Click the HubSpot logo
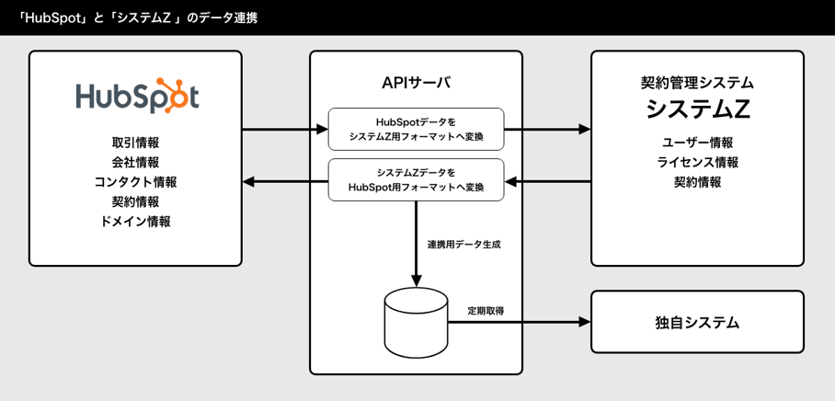[x=136, y=96]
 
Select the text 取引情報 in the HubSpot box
[x=136, y=143]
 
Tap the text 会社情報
[x=136, y=163]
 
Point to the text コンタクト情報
[x=136, y=182]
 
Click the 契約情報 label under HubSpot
[x=136, y=201]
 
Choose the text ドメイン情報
[x=136, y=222]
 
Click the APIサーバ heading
[x=416, y=83]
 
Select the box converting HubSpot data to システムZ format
[x=416, y=129]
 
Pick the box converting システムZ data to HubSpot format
[x=416, y=179]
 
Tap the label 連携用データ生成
[x=463, y=246]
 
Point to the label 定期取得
[x=485, y=311]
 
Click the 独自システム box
[x=697, y=323]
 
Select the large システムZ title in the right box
[x=697, y=109]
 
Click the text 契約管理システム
[x=697, y=83]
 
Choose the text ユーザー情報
[x=697, y=143]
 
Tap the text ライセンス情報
[x=697, y=162]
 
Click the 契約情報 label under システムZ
[x=697, y=182]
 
